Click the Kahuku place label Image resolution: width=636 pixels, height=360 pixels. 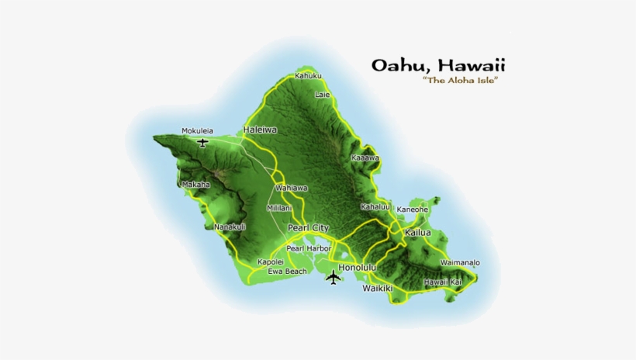click(308, 76)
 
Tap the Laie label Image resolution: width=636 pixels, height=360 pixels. click(323, 95)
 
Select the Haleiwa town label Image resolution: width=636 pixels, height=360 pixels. click(260, 130)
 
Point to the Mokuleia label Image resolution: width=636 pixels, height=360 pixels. click(197, 131)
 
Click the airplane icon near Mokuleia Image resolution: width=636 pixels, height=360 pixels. click(203, 143)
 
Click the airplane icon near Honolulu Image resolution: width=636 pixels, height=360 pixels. click(334, 276)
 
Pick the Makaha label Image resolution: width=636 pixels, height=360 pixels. click(195, 185)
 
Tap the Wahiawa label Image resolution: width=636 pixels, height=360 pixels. click(292, 189)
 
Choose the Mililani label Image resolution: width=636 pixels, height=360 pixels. click(279, 208)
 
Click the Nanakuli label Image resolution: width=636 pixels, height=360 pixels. click(230, 227)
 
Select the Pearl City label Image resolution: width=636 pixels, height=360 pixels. click(308, 227)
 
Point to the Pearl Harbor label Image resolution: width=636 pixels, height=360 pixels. click(309, 248)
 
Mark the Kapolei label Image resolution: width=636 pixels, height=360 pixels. click(271, 262)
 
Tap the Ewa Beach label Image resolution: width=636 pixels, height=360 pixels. click(287, 272)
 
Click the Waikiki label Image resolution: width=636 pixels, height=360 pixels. click(378, 289)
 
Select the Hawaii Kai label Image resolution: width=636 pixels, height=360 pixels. click(443, 282)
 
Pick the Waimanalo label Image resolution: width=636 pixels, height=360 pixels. click(460, 263)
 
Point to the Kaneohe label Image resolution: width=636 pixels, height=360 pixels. click(413, 209)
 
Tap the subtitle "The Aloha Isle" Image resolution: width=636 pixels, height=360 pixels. click(459, 81)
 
